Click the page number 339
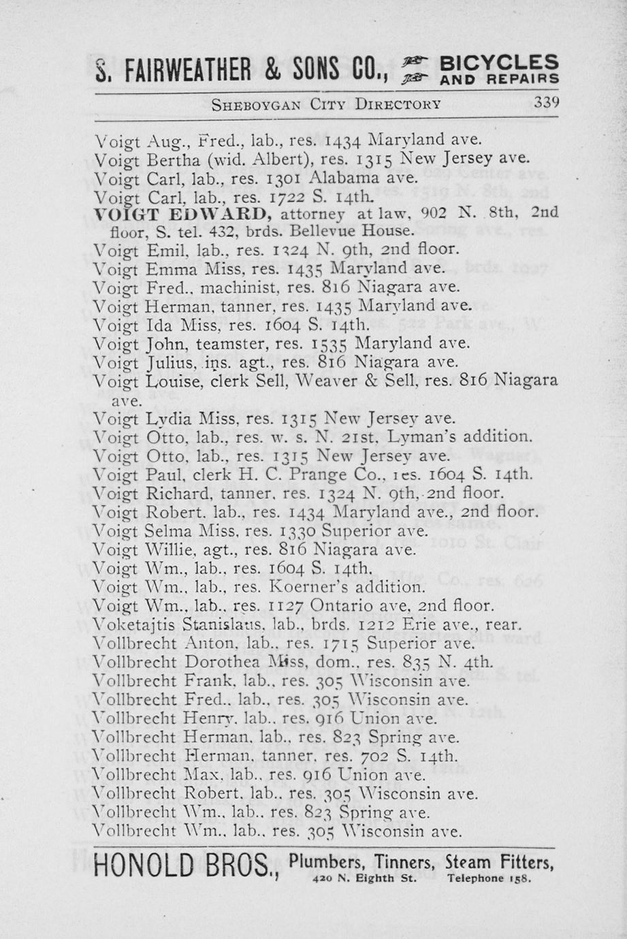click(x=546, y=104)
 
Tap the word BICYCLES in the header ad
click(x=500, y=63)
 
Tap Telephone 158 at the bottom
click(x=488, y=878)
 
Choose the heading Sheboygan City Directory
click(x=326, y=104)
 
